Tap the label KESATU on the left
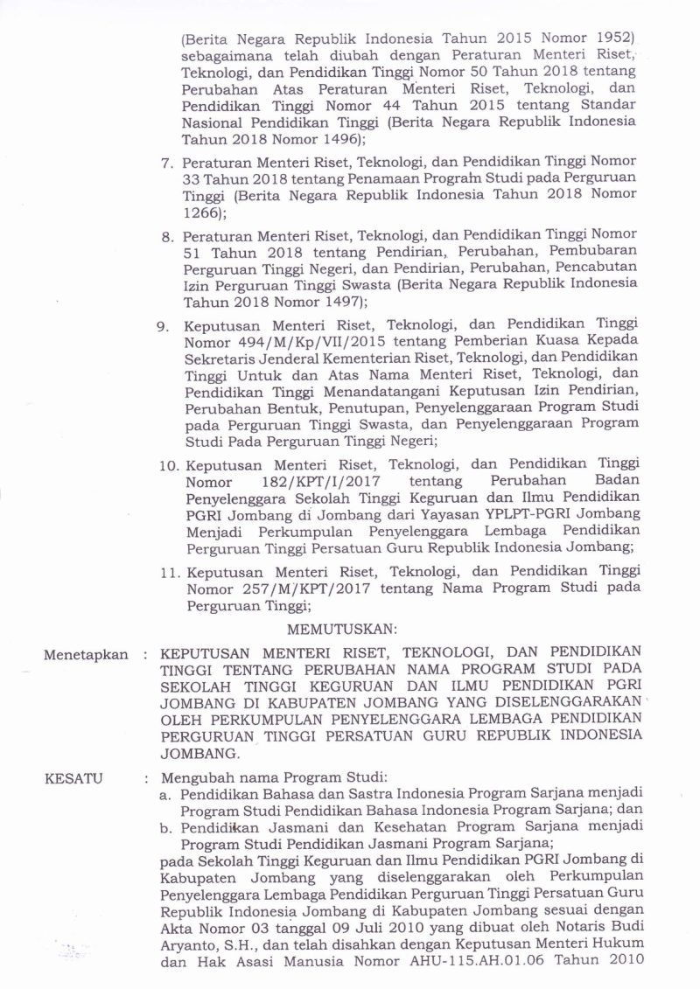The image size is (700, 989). tap(78, 777)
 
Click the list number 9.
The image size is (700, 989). tap(162, 326)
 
